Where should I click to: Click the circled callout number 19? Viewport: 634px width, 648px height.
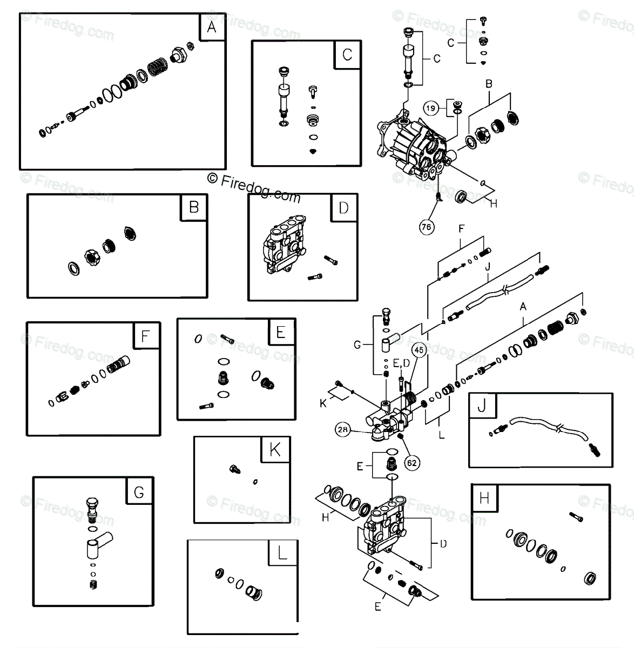tap(430, 108)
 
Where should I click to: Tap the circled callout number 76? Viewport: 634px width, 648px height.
tap(427, 227)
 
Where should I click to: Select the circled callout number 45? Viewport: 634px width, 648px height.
tap(420, 350)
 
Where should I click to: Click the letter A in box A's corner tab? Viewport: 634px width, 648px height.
tap(211, 27)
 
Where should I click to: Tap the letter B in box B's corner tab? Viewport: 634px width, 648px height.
tap(194, 207)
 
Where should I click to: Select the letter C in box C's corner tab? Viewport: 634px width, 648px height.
tap(347, 54)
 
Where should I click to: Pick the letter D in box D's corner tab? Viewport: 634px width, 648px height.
tap(343, 208)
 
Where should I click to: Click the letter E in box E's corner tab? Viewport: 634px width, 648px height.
tap(281, 332)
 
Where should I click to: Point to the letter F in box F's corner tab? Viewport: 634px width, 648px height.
tap(145, 336)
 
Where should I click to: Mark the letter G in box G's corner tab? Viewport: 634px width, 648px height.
tap(139, 492)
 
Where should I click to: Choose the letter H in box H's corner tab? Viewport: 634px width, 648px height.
tap(484, 498)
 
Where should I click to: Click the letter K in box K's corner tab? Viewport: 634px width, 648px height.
tap(275, 450)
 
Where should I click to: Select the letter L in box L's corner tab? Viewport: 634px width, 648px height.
tap(281, 552)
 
